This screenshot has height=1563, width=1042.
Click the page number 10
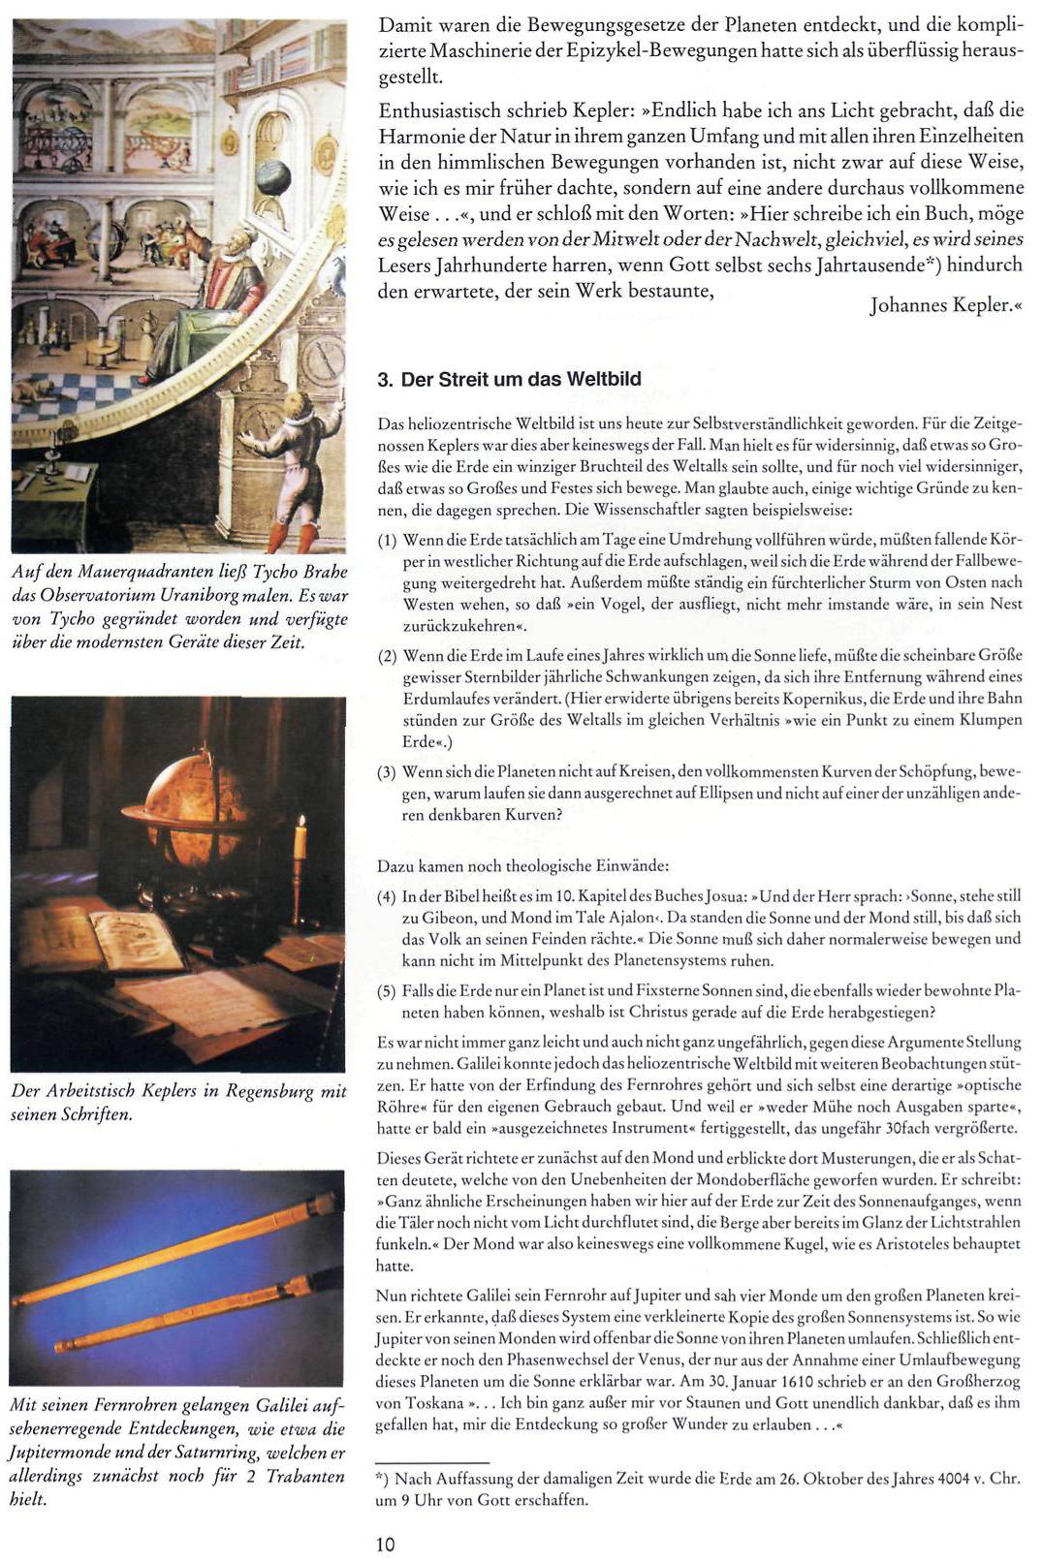pos(386,1545)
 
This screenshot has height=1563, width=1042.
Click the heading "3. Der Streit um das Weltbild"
pos(509,379)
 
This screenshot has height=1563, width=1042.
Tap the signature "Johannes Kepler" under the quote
pos(938,306)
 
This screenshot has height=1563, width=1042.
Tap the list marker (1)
pos(388,540)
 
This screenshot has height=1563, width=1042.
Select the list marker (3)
pos(388,773)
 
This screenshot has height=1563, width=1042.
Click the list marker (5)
pos(388,991)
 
